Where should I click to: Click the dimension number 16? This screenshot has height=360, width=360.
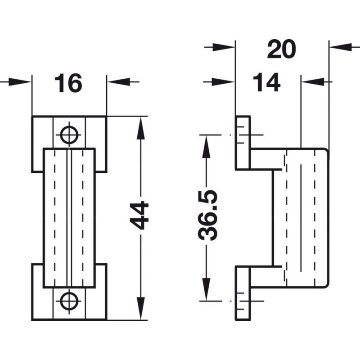pyautogui.click(x=68, y=83)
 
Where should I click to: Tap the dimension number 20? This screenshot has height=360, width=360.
pyautogui.click(x=282, y=49)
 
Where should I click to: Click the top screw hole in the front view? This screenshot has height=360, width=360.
pyautogui.click(x=69, y=134)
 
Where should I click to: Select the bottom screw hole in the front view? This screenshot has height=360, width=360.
pyautogui.click(x=69, y=301)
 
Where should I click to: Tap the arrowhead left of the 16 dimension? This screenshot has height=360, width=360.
pyautogui.click(x=20, y=82)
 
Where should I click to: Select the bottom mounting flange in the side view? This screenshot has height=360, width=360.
pyautogui.click(x=243, y=292)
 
